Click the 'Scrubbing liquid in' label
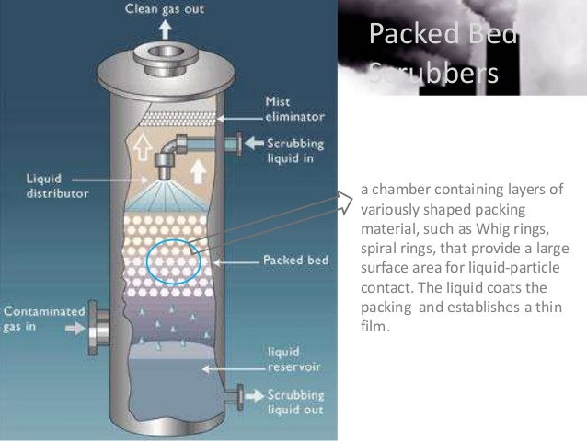click(x=294, y=151)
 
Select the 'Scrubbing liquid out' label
click(x=294, y=400)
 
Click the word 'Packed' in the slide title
click(x=411, y=34)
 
